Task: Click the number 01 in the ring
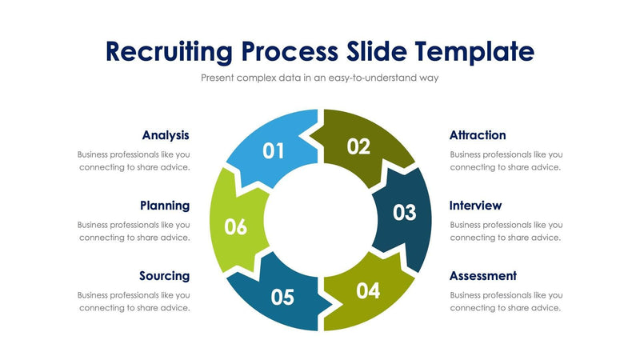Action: click(x=274, y=150)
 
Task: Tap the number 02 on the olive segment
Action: click(x=358, y=146)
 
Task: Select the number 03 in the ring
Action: click(x=404, y=213)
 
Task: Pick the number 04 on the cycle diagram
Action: click(x=367, y=290)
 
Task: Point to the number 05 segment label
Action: click(x=282, y=297)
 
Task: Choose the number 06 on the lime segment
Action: click(x=235, y=227)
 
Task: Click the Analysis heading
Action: click(x=166, y=135)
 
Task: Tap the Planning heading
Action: click(x=165, y=206)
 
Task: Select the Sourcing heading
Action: click(x=164, y=275)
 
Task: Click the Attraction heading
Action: click(x=478, y=135)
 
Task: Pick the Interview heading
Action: click(x=475, y=206)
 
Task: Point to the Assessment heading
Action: click(x=482, y=275)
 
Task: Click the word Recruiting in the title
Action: click(x=169, y=52)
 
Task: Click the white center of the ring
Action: click(x=320, y=220)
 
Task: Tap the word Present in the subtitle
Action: click(x=220, y=78)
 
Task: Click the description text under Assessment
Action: click(x=506, y=302)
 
